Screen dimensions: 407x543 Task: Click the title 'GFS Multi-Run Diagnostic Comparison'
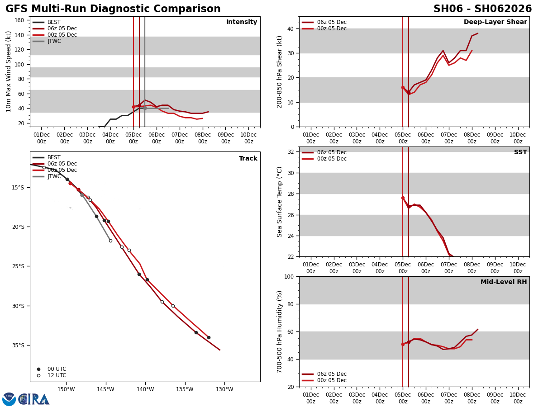pyautogui.click(x=113, y=9)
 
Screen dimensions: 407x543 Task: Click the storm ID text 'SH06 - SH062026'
pyautogui.click(x=482, y=9)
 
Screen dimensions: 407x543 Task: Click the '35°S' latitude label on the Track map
pyautogui.click(x=18, y=345)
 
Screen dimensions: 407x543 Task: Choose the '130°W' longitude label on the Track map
pyautogui.click(x=224, y=389)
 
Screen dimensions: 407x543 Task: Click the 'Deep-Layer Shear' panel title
pyautogui.click(x=495, y=22)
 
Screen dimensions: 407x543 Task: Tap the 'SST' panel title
pyautogui.click(x=520, y=152)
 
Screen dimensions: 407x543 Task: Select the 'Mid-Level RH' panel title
pyautogui.click(x=503, y=282)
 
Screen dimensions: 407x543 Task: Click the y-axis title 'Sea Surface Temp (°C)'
pyautogui.click(x=280, y=202)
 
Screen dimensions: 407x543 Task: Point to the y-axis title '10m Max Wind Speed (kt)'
pyautogui.click(x=9, y=71)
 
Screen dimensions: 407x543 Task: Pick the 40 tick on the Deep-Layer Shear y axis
pyautogui.click(x=290, y=28)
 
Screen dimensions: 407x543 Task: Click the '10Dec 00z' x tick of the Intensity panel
pyautogui.click(x=248, y=138)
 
